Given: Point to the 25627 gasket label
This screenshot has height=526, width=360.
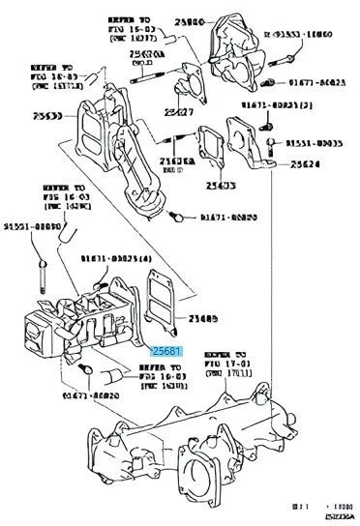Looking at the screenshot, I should [177, 112].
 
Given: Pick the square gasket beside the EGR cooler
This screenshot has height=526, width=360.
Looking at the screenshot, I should [159, 296].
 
